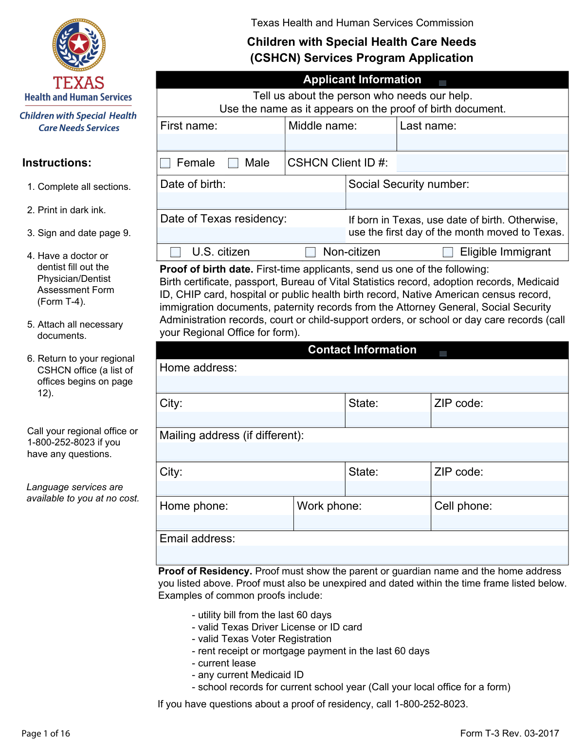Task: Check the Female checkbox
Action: tap(165, 163)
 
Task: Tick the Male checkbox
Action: tap(234, 163)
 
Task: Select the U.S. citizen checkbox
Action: tap(176, 252)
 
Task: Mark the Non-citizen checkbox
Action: tap(310, 252)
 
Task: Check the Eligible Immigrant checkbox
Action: tap(448, 252)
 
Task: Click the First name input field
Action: tap(221, 142)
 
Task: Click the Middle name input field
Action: tap(341, 142)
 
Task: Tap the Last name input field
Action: tap(482, 142)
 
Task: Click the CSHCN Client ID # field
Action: tap(482, 163)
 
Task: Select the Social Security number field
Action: tap(457, 200)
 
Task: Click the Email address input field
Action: tap(362, 555)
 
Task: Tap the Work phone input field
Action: tap(362, 522)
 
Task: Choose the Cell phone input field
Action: tap(499, 522)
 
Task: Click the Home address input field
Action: tap(362, 384)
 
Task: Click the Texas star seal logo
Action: tap(79, 45)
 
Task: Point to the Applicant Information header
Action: tap(362, 80)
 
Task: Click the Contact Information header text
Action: tap(362, 350)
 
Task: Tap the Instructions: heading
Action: tap(56, 163)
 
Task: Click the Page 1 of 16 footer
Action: tap(46, 734)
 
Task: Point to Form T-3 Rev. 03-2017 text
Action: tap(510, 734)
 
